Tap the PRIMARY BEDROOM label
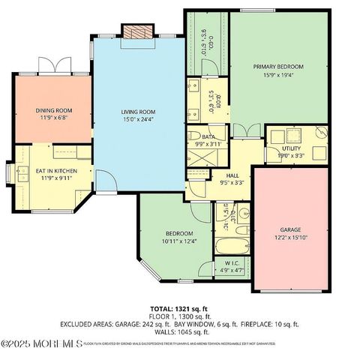pos(276,67)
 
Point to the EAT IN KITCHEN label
pos(52,171)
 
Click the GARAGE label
pos(290,229)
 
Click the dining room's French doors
pos(53,66)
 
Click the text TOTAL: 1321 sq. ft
pos(178,308)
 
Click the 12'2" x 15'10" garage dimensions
pos(290,238)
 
